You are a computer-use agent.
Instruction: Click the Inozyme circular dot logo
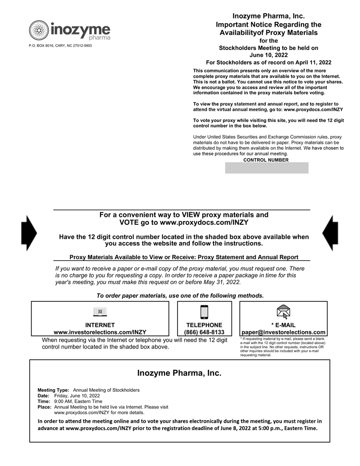[x=39, y=30]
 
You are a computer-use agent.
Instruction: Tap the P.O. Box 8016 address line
[x=60, y=46]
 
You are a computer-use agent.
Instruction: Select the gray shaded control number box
[x=266, y=168]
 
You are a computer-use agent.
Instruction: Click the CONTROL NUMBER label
[x=266, y=160]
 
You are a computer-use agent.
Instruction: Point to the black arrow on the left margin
[x=29, y=233]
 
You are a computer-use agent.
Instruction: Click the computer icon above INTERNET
[x=100, y=312]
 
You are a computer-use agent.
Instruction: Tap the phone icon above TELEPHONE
[x=204, y=312]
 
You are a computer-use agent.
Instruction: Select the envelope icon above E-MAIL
[x=283, y=312]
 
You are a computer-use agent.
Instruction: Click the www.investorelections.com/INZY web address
[x=100, y=332]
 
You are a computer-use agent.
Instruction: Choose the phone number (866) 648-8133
[x=204, y=332]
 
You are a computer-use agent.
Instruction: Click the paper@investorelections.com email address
[x=283, y=332]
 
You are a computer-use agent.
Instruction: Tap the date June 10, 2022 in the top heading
[x=268, y=55]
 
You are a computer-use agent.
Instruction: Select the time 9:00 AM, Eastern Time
[x=78, y=401]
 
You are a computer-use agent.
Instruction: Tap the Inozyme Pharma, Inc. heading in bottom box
[x=179, y=373]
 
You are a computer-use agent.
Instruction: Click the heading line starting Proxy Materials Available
[x=183, y=257]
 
